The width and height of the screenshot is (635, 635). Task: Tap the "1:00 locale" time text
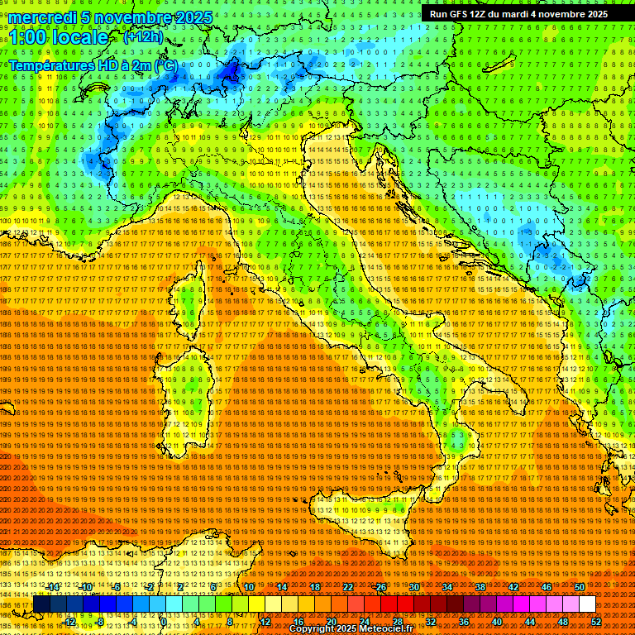58,38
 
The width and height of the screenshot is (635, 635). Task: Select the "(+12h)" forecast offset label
143,37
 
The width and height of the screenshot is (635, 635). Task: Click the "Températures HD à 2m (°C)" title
93,64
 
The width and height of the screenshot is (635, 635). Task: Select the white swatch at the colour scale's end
587,604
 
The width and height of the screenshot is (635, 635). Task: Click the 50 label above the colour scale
580,587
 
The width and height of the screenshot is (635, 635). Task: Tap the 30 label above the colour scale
414,587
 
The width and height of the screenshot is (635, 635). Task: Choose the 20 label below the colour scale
332,622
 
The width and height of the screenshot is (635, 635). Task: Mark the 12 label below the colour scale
265,622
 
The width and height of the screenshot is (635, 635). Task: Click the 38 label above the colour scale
480,587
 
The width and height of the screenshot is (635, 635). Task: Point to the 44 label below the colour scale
530,622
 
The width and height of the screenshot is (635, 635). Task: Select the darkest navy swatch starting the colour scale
41,604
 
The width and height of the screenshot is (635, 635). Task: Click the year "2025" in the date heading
193,17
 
